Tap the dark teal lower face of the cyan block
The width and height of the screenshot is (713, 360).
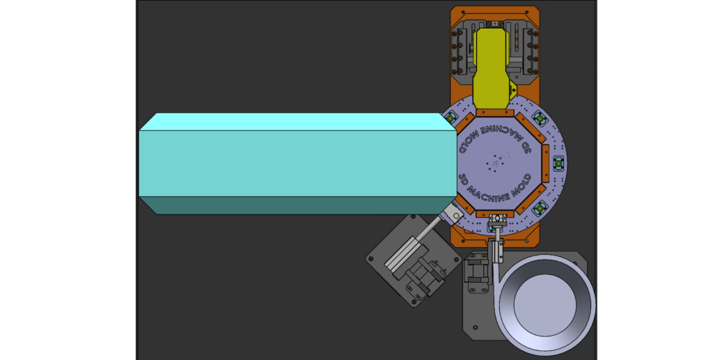click(298, 205)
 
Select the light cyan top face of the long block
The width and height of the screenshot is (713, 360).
click(298, 122)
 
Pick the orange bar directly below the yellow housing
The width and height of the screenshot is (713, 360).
click(495, 113)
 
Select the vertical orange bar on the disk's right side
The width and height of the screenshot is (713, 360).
click(546, 163)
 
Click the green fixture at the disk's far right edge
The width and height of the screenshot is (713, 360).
click(558, 163)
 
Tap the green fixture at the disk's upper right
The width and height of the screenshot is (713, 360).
click(539, 118)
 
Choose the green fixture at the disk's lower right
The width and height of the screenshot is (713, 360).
click(539, 208)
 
